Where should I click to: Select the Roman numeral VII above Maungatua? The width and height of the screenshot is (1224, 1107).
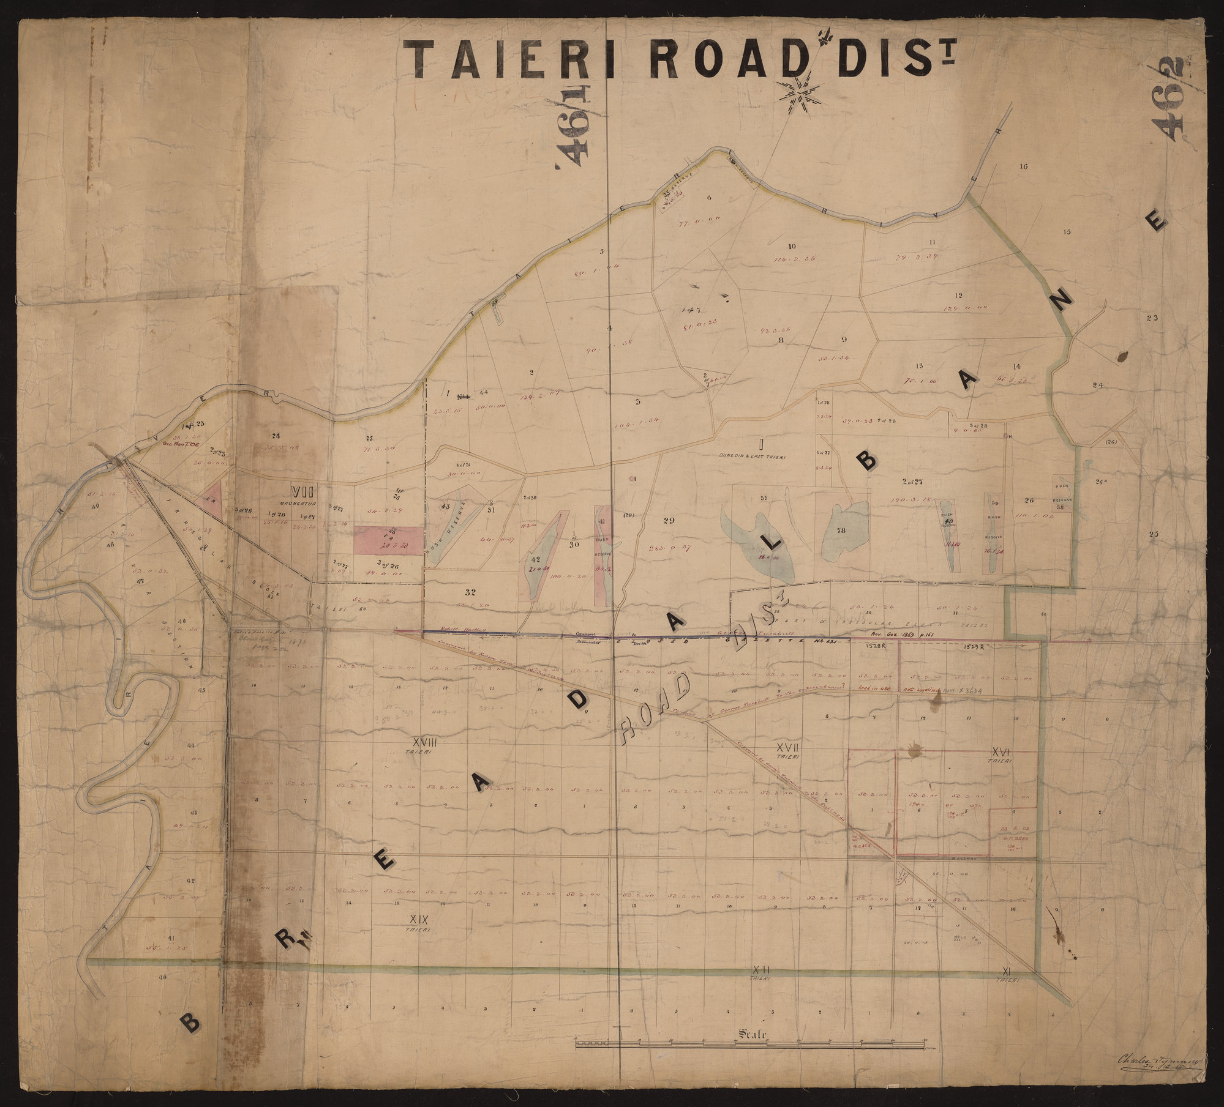click(304, 491)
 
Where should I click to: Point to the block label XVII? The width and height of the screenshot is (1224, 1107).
click(789, 748)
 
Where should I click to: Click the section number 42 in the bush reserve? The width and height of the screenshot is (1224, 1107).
click(535, 559)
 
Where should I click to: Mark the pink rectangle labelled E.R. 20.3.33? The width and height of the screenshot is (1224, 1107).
click(388, 540)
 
